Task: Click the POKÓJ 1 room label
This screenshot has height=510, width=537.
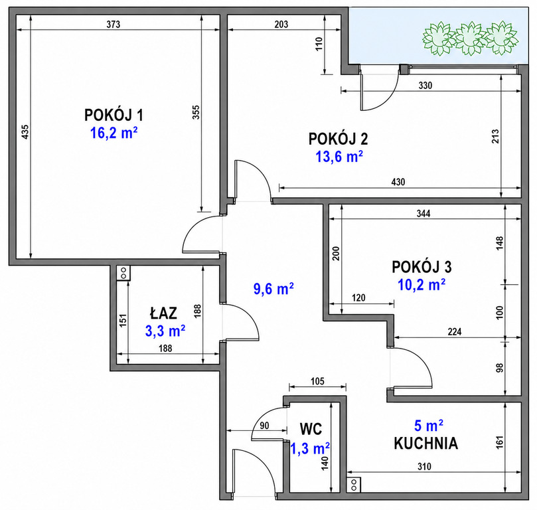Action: pyautogui.click(x=114, y=115)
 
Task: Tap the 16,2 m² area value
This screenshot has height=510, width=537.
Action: pyautogui.click(x=114, y=133)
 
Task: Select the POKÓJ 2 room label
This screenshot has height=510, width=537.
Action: pyautogui.click(x=339, y=139)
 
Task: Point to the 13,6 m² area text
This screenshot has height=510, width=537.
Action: pyautogui.click(x=339, y=157)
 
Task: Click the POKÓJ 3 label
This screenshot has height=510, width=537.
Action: pyautogui.click(x=422, y=267)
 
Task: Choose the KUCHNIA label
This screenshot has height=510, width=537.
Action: pyautogui.click(x=425, y=443)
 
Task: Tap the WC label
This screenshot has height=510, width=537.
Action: pyautogui.click(x=311, y=429)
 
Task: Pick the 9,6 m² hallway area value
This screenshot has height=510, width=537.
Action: pyautogui.click(x=273, y=289)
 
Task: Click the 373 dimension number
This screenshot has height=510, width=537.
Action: pyautogui.click(x=114, y=25)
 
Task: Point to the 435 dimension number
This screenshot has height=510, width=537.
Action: pyautogui.click(x=25, y=132)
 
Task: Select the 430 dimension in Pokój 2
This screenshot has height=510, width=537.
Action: pyautogui.click(x=398, y=181)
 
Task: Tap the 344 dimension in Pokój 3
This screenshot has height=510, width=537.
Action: pyautogui.click(x=423, y=213)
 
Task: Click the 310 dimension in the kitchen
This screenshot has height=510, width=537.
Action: pyautogui.click(x=424, y=466)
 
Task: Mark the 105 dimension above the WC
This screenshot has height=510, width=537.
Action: pyautogui.click(x=317, y=381)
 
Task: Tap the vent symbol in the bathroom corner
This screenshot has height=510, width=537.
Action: pyautogui.click(x=123, y=273)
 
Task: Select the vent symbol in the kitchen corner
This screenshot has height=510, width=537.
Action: pyautogui.click(x=354, y=485)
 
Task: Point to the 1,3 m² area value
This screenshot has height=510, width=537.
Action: pyautogui.click(x=310, y=448)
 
